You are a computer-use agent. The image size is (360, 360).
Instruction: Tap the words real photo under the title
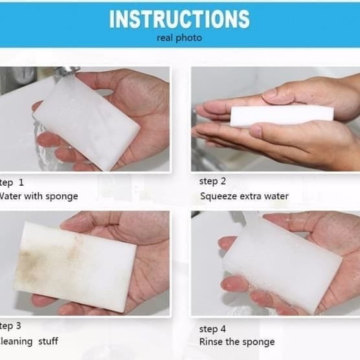pyautogui.click(x=179, y=38)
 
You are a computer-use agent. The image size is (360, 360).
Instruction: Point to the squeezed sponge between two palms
pyautogui.click(x=282, y=115)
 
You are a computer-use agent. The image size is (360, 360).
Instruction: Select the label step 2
pyautogui.click(x=213, y=181)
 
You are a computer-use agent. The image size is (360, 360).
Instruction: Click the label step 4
pyautogui.click(x=213, y=328)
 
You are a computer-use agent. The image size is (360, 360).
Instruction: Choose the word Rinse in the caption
pyautogui.click(x=210, y=342)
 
